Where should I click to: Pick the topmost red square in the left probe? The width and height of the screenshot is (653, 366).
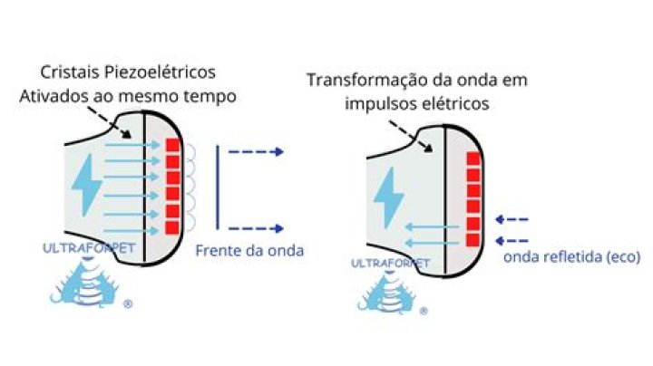pos(172,146)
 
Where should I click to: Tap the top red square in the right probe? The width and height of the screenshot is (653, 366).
pos(472,160)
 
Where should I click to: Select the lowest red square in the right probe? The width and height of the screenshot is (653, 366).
pos(472,239)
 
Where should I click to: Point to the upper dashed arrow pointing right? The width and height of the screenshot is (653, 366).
pos(257,151)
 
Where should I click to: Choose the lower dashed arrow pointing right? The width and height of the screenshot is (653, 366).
pos(257,229)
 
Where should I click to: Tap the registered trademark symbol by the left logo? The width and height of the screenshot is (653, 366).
pos(128,305)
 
